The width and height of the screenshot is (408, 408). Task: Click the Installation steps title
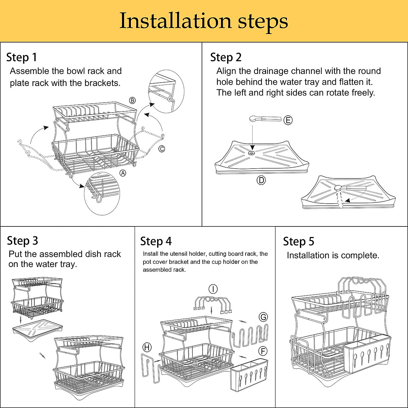204,21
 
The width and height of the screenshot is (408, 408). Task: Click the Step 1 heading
21,57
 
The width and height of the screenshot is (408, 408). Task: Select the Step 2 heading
226,57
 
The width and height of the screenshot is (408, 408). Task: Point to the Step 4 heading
156,241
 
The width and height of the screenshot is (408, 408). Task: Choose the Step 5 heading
299,241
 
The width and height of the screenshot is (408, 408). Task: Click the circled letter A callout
123,173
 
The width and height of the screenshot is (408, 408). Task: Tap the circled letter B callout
132,100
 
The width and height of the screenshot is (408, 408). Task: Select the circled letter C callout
162,149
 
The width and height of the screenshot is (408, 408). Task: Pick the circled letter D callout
261,180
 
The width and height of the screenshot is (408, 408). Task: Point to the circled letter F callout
262,351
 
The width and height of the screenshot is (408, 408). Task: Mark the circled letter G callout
263,317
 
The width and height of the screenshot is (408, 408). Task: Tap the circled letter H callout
147,347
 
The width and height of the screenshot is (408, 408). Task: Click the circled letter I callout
213,289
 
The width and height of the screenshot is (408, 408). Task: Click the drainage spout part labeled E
265,119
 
